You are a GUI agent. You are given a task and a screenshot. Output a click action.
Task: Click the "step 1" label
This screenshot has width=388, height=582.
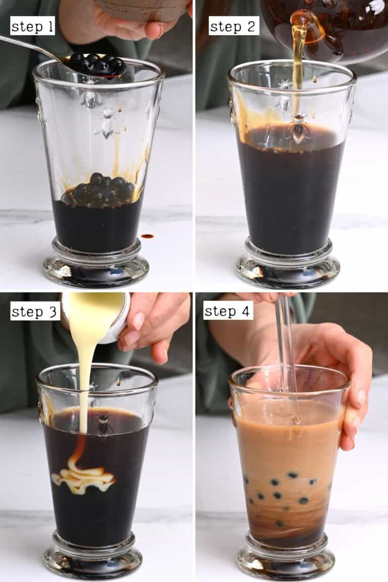click(32, 26)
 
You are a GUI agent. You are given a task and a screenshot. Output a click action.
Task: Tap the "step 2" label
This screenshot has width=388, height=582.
click(234, 26)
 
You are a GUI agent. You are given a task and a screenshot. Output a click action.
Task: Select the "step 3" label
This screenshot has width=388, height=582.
click(34, 311)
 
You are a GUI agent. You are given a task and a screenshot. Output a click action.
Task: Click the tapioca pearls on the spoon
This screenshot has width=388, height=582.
click(97, 64)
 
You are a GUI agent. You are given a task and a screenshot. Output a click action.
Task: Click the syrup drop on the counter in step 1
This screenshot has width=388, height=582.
click(147, 236)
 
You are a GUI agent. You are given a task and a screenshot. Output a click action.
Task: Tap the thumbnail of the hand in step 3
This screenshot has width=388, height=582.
click(138, 321)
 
